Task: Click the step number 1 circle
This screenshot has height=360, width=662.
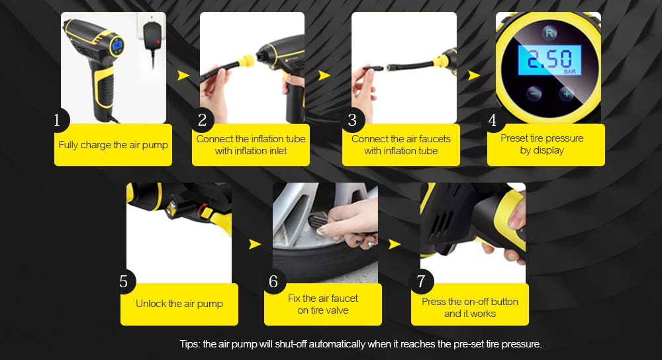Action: [58, 120]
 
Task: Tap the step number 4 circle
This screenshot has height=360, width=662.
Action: [493, 120]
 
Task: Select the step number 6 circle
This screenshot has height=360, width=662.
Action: [273, 281]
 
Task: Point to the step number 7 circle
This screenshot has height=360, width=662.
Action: [421, 281]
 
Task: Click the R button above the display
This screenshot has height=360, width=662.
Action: [549, 33]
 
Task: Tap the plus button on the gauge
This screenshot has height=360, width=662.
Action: [566, 93]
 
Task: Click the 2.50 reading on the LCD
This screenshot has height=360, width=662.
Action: [549, 60]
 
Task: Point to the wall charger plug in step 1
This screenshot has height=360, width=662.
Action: [152, 34]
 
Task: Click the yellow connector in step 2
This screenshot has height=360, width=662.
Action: [246, 62]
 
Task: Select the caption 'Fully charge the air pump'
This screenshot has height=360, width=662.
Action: [113, 145]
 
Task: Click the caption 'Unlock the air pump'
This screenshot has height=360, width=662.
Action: [179, 304]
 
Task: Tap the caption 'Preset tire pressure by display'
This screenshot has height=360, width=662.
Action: [542, 144]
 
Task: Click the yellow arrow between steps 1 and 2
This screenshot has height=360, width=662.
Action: [183, 75]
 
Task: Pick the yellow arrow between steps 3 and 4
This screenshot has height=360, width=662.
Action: [474, 75]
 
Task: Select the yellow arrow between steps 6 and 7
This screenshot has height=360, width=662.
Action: [395, 244]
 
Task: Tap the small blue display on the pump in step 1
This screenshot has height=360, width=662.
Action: [117, 45]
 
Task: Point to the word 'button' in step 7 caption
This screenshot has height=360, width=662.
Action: [504, 302]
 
